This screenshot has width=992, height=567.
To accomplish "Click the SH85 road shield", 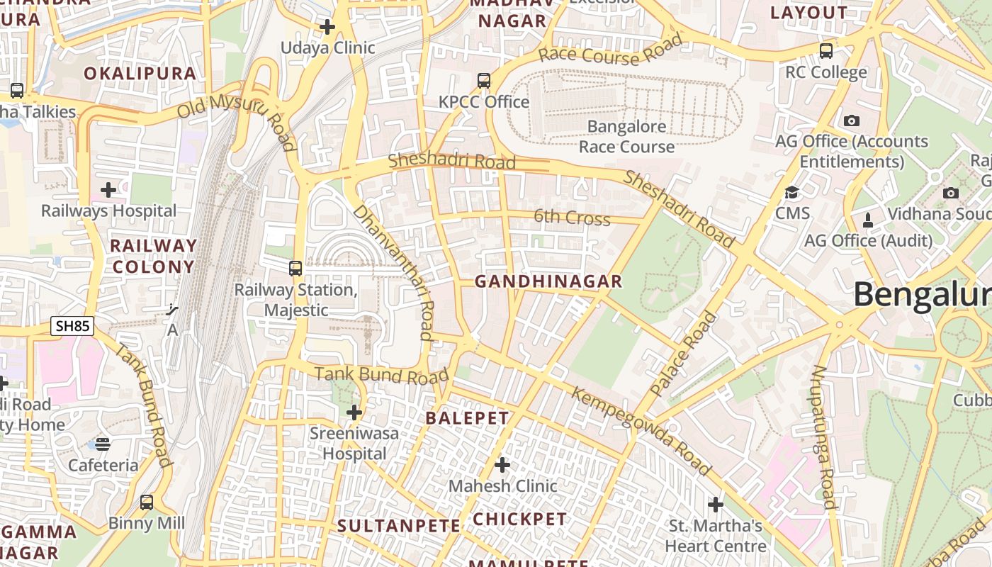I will pyautogui.click(x=72, y=326).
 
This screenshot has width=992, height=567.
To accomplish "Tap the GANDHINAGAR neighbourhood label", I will pyautogui.click(x=548, y=281).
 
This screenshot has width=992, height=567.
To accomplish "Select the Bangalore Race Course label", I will pyautogui.click(x=626, y=137).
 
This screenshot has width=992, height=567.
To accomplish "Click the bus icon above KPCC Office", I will pyautogui.click(x=484, y=81).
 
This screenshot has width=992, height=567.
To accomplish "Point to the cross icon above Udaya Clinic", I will pyautogui.click(x=327, y=28).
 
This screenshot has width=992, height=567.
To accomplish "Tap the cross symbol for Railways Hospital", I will pyautogui.click(x=108, y=190).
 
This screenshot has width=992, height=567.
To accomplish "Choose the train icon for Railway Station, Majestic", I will pyautogui.click(x=295, y=269).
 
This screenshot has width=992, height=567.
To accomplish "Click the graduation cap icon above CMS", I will pyautogui.click(x=791, y=192).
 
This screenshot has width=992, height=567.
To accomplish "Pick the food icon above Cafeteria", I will pyautogui.click(x=103, y=444).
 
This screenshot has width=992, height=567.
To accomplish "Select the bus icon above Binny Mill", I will pyautogui.click(x=147, y=503).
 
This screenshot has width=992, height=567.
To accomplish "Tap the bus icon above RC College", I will pyautogui.click(x=826, y=51).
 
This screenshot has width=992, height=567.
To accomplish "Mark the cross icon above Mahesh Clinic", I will pyautogui.click(x=502, y=465).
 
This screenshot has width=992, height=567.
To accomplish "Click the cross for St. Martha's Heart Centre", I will pyautogui.click(x=716, y=505).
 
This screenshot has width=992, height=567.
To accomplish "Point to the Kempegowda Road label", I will pyautogui.click(x=641, y=431).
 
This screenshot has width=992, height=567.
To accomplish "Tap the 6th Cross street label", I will pyautogui.click(x=572, y=217).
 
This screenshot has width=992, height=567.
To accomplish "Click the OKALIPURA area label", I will pyautogui.click(x=140, y=74).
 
